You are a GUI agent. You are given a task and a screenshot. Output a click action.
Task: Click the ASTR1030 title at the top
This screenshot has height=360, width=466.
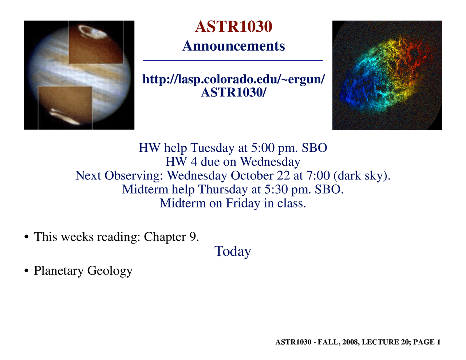tap(233, 27)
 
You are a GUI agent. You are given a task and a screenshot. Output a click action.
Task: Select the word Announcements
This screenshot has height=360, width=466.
tap(233, 46)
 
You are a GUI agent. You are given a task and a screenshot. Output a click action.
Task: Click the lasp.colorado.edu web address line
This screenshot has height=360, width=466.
tap(233, 79)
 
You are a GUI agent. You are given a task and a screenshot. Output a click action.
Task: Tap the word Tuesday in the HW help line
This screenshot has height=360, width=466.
tap(213, 148)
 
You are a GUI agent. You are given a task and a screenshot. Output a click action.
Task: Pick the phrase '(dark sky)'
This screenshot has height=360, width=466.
tap(362, 176)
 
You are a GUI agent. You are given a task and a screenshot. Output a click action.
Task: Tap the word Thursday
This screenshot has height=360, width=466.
tap(217, 190)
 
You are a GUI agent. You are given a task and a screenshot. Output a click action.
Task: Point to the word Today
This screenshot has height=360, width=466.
tap(233, 252)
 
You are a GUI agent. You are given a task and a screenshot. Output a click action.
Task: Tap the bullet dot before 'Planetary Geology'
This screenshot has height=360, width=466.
tap(26, 271)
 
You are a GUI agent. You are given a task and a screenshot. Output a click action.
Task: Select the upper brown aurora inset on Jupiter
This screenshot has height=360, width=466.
tap(95, 42)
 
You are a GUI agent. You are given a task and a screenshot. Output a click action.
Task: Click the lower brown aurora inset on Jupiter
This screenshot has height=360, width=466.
tap(65, 108)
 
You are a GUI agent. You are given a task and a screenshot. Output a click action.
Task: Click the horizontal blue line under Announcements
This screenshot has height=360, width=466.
tap(233, 60)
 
